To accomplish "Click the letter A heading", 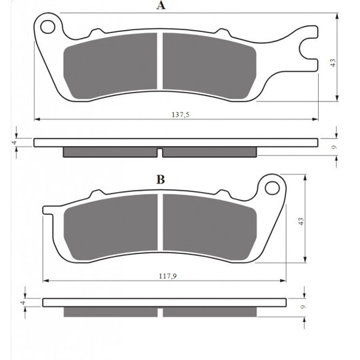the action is [161, 5].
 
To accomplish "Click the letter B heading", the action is [161, 179].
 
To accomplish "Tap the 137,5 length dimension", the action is [181, 115].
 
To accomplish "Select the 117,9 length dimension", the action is [168, 276].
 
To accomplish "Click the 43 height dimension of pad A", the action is [333, 63].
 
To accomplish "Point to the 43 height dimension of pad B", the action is [301, 221].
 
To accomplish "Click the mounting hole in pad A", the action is [48, 27].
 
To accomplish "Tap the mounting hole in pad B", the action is [272, 188].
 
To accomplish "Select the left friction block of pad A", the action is [110, 66].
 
